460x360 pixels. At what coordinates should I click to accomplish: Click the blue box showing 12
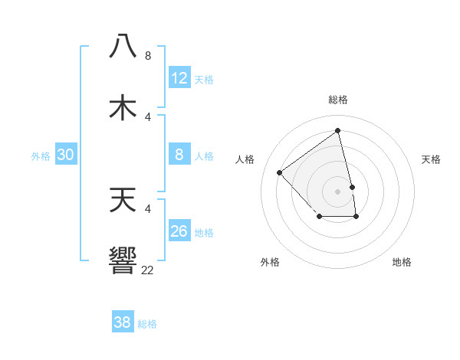(179, 78)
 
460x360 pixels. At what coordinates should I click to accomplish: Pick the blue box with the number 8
(179, 155)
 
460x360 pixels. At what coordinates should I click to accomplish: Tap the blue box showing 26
(179, 231)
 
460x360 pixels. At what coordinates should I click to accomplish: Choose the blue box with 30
(66, 155)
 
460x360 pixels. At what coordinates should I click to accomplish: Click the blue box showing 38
(123, 322)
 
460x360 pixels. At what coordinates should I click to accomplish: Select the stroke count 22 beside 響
(147, 270)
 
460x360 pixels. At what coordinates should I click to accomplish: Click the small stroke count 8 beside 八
(148, 55)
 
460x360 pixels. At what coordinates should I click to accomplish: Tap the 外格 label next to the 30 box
(41, 156)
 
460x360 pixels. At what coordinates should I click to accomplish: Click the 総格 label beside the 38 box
(147, 324)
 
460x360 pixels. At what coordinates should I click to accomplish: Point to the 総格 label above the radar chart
(338, 100)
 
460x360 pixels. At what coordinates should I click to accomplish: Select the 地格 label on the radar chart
(402, 262)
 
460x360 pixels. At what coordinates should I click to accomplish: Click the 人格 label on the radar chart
(245, 159)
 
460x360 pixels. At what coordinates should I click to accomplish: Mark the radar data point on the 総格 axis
(338, 130)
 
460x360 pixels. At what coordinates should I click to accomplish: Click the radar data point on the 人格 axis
(280, 172)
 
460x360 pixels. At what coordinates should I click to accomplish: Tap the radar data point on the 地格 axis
(356, 218)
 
